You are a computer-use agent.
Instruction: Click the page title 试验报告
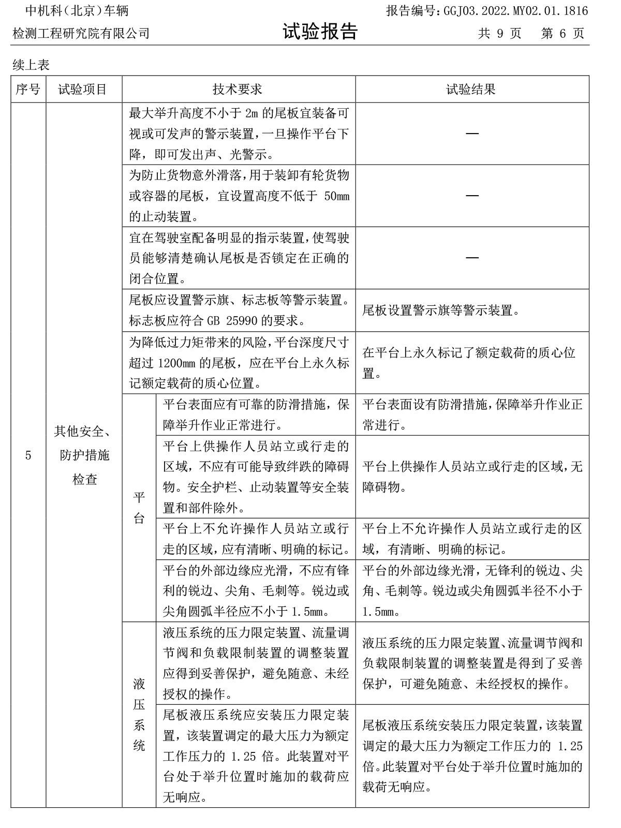click(x=320, y=32)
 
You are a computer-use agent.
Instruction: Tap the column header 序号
click(x=28, y=90)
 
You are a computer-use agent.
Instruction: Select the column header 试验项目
click(x=83, y=90)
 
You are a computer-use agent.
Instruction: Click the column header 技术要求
click(x=238, y=90)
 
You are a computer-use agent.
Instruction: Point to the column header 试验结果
click(x=471, y=90)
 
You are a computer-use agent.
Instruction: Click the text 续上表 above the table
click(x=31, y=65)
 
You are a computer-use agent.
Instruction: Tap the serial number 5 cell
click(x=28, y=455)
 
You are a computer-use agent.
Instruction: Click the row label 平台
click(x=139, y=508)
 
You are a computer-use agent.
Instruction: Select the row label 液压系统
click(x=139, y=715)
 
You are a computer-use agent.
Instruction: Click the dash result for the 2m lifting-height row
click(x=471, y=134)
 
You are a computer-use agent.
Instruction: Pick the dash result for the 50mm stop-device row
click(x=471, y=196)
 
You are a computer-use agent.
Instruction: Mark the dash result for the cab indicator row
click(x=471, y=258)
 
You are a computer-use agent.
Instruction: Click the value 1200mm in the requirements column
click(x=175, y=363)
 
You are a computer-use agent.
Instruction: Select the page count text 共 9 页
click(x=499, y=34)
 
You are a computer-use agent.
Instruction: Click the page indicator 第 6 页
click(x=563, y=34)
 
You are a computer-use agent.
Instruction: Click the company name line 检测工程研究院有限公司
click(x=81, y=34)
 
